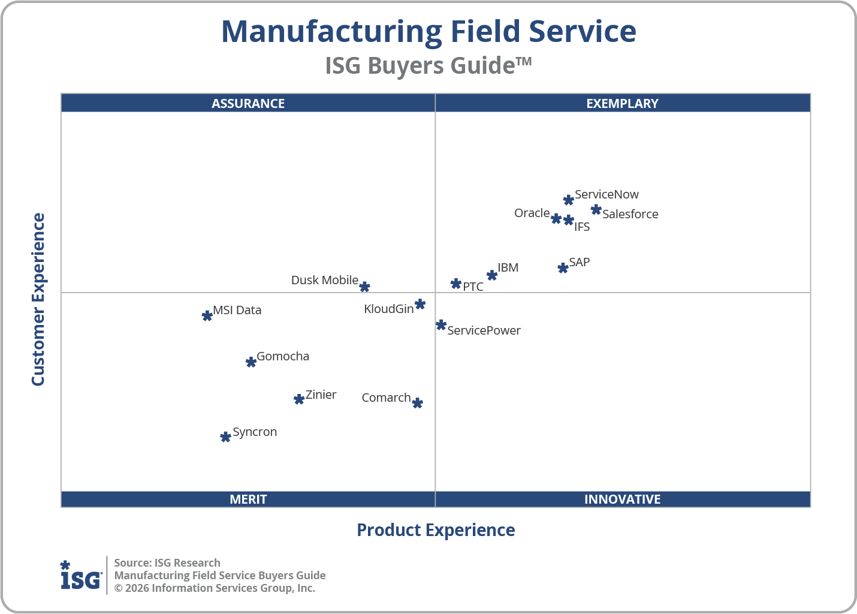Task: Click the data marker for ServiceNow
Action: [x=568, y=200]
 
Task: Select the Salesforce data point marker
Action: [x=596, y=209]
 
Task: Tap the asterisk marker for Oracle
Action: [x=556, y=218]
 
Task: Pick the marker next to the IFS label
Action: [x=569, y=220]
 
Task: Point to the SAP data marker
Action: [x=563, y=268]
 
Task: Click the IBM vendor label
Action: [x=508, y=267]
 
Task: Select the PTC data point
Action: [x=456, y=284]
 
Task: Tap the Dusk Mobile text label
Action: [x=324, y=280]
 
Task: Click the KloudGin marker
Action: [x=420, y=304]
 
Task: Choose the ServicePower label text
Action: [x=484, y=330]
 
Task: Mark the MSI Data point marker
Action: [x=207, y=315]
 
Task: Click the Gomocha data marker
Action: [x=251, y=362]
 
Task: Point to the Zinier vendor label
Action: [x=321, y=395]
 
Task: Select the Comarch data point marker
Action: [x=418, y=403]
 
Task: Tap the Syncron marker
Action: [x=225, y=437]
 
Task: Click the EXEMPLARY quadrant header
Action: [x=622, y=103]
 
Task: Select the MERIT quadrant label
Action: [x=248, y=499]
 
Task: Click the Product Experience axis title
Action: [x=436, y=530]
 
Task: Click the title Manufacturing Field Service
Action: [x=428, y=31]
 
